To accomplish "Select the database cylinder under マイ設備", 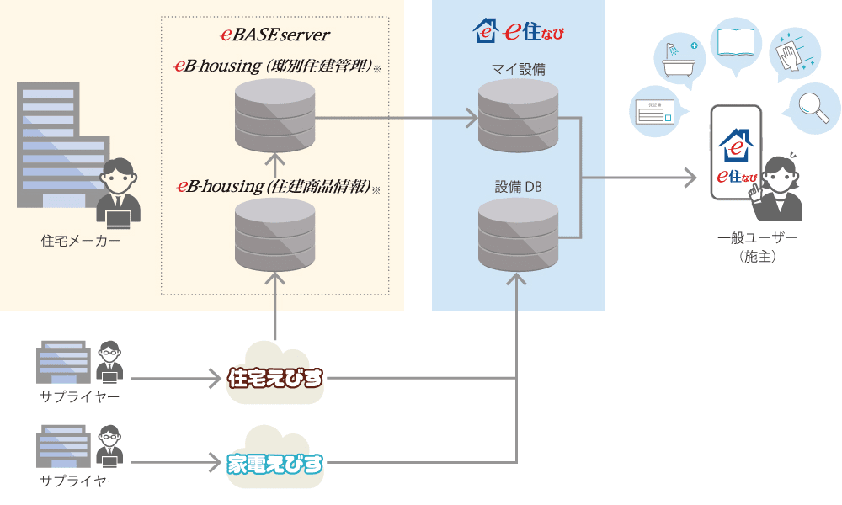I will click(x=518, y=117).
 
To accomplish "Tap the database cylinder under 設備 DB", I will click(x=518, y=232).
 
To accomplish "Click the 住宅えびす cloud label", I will click(x=275, y=378).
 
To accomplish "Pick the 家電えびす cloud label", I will click(x=275, y=462).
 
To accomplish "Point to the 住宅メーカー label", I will click(x=81, y=242).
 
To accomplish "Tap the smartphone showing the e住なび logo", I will click(x=735, y=153).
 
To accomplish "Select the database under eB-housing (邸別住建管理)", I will click(x=274, y=118).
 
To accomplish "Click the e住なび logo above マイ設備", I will click(x=518, y=32).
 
